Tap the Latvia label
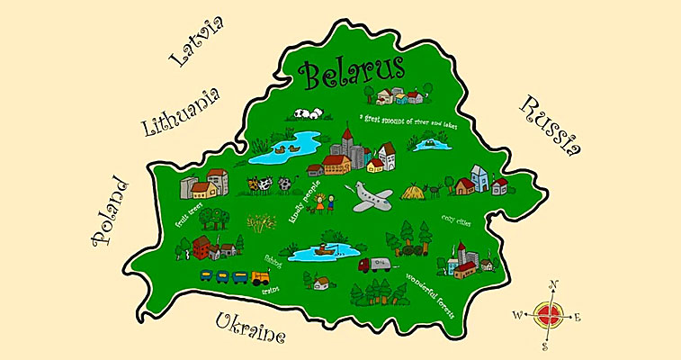point(195,46)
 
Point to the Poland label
point(111,211)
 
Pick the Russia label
point(548,128)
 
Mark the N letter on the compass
point(553,285)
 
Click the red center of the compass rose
point(547,315)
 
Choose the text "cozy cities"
point(458,219)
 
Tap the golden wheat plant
point(261,221)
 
